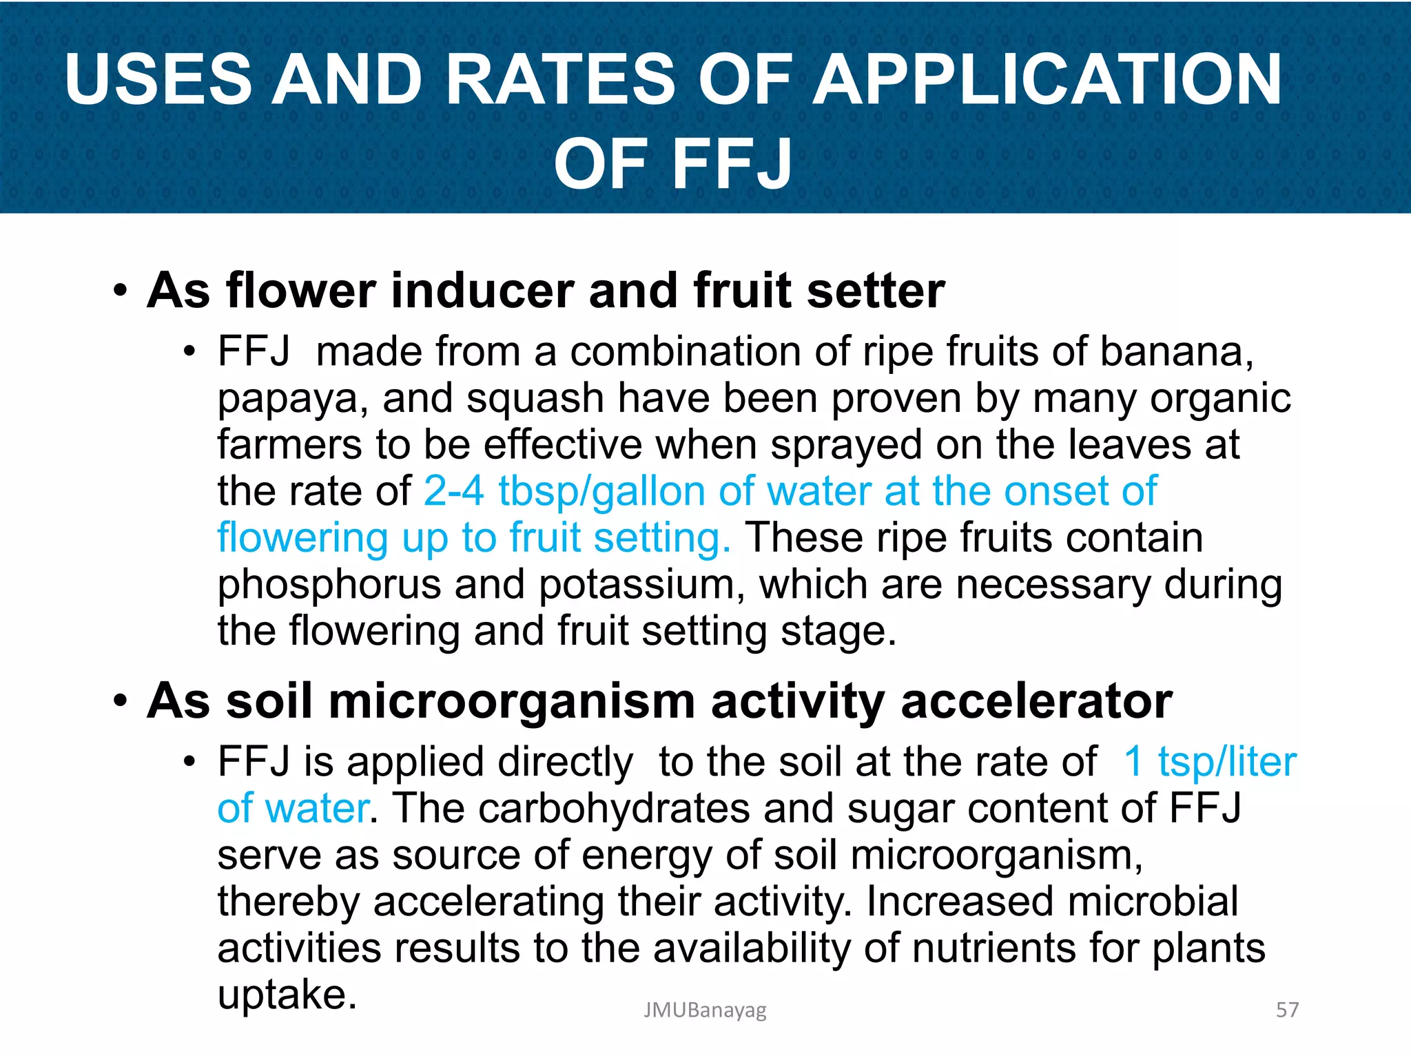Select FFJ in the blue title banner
[x=732, y=164]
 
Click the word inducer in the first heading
[x=482, y=291]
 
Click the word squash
[x=535, y=400]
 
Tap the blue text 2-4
[x=454, y=492]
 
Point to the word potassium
[x=641, y=585]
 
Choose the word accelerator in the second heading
[x=1036, y=701]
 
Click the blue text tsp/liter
[x=1227, y=762]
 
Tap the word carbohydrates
[x=614, y=808]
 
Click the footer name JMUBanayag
[x=705, y=1010]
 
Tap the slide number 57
[x=1287, y=1010]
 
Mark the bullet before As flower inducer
[x=121, y=291]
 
